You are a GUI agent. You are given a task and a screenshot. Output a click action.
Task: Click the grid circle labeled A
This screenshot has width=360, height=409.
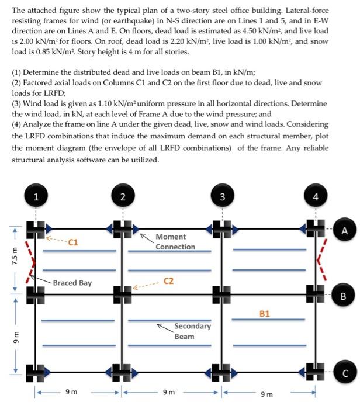pos(345,231)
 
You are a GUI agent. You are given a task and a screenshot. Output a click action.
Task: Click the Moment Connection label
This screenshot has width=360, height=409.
pos(175,242)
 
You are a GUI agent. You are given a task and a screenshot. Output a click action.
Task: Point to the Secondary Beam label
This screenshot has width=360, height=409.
pos(192,331)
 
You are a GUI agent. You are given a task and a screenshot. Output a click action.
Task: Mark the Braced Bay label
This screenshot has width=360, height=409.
pos(72,283)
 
